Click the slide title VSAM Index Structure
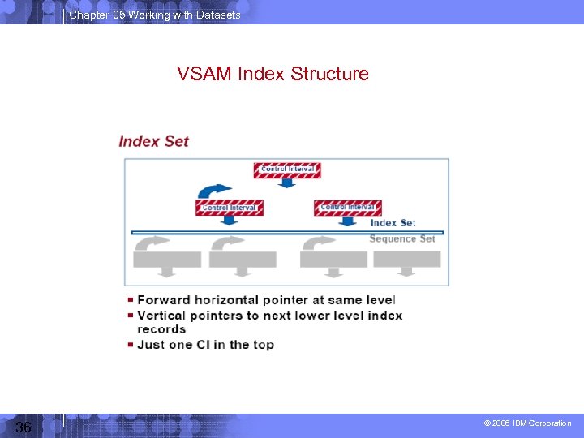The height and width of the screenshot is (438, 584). (273, 75)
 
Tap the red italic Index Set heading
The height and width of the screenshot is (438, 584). (153, 141)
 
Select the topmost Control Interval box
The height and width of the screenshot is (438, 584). (286, 170)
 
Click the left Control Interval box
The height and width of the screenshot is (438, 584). (230, 208)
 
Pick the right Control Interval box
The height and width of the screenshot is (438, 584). (347, 208)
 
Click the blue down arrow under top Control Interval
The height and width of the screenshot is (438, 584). (286, 183)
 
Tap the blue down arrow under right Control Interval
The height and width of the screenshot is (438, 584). (348, 221)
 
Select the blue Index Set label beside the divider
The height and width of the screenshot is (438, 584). (393, 223)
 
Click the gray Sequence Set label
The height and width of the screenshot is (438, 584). (402, 238)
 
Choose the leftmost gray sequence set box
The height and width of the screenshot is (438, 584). (167, 260)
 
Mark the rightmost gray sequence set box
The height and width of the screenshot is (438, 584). (407, 260)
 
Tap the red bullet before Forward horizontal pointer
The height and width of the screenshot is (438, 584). (131, 300)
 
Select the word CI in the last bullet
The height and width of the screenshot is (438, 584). (211, 345)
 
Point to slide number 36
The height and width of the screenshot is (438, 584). (23, 427)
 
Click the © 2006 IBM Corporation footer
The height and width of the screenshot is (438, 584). (527, 423)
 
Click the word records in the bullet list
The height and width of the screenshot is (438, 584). (161, 329)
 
